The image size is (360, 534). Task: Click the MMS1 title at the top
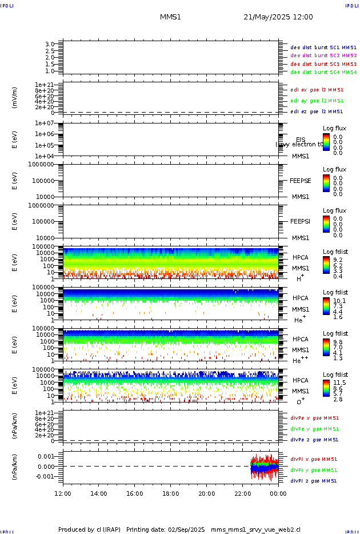pyautogui.click(x=170, y=17)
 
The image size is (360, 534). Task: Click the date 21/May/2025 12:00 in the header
pyautogui.click(x=278, y=17)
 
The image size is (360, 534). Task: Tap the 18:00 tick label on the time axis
pyautogui.click(x=171, y=493)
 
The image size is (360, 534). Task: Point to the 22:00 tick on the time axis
pyautogui.click(x=242, y=493)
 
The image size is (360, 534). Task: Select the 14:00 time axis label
pyautogui.click(x=99, y=493)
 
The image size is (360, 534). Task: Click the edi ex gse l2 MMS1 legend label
pyautogui.click(x=317, y=90)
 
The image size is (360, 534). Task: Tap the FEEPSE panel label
pyautogui.click(x=301, y=181)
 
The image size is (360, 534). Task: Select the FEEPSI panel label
pyautogui.click(x=301, y=221)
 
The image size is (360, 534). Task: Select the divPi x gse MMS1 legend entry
pyautogui.click(x=314, y=459)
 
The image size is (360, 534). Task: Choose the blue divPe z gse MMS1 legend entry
pyautogui.click(x=314, y=440)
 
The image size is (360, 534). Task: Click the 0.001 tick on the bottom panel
pyautogui.click(x=46, y=457)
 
